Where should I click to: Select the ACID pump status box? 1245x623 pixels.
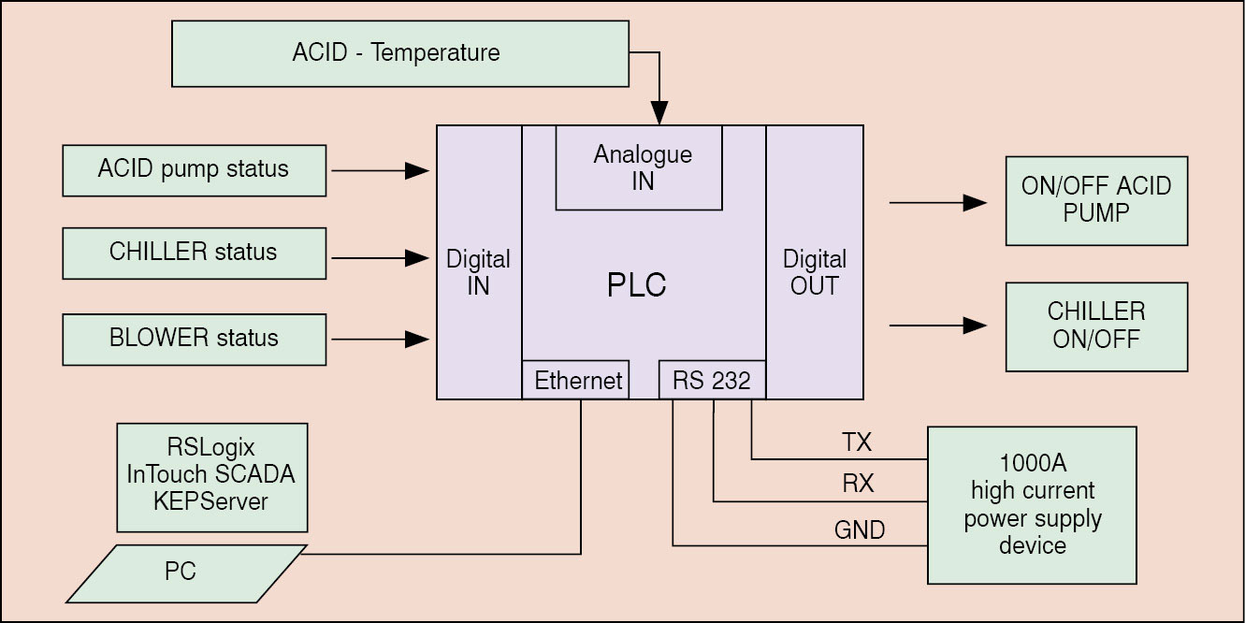(194, 170)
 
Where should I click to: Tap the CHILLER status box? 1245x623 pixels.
(194, 253)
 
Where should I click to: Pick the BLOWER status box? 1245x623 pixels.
(194, 339)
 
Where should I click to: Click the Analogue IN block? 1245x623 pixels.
(642, 167)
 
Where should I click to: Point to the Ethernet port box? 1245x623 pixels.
(577, 380)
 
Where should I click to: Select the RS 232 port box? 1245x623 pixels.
(712, 380)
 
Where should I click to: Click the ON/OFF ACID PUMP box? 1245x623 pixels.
(1095, 200)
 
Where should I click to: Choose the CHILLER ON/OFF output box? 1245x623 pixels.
(1095, 326)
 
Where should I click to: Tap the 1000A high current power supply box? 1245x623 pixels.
(1032, 505)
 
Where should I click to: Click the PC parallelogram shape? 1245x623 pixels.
(185, 572)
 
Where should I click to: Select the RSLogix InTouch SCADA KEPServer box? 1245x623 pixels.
(211, 476)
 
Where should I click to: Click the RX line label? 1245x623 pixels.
(857, 485)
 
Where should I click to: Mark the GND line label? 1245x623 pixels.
(859, 530)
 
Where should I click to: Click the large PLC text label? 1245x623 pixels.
(636, 285)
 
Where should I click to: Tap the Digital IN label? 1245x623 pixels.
(478, 272)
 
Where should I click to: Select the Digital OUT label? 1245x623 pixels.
(814, 272)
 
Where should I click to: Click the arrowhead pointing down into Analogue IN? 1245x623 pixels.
(661, 115)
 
